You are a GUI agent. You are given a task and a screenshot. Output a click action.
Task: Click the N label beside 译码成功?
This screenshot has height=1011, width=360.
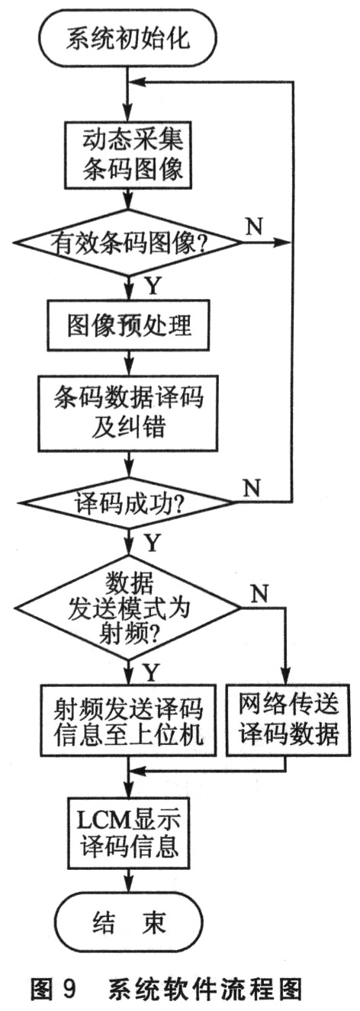tap(252, 487)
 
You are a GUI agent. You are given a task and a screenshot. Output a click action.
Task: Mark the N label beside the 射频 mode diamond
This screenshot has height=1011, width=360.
tap(259, 594)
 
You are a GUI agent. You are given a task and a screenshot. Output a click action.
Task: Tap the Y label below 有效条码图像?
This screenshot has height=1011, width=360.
tap(153, 286)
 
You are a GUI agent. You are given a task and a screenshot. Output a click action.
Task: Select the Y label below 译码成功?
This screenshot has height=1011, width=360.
tap(152, 543)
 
